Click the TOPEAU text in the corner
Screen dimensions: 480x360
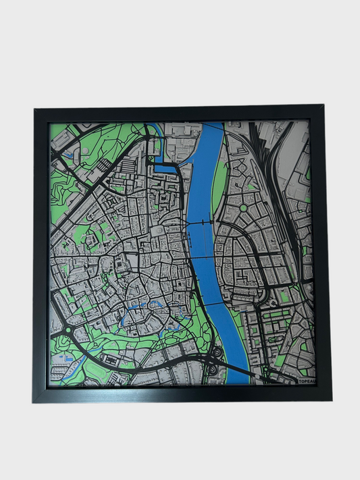(x=307, y=381)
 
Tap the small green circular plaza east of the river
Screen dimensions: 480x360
(x=243, y=208)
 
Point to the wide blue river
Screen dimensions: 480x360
(x=203, y=203)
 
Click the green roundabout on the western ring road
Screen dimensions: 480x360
(x=68, y=330)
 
